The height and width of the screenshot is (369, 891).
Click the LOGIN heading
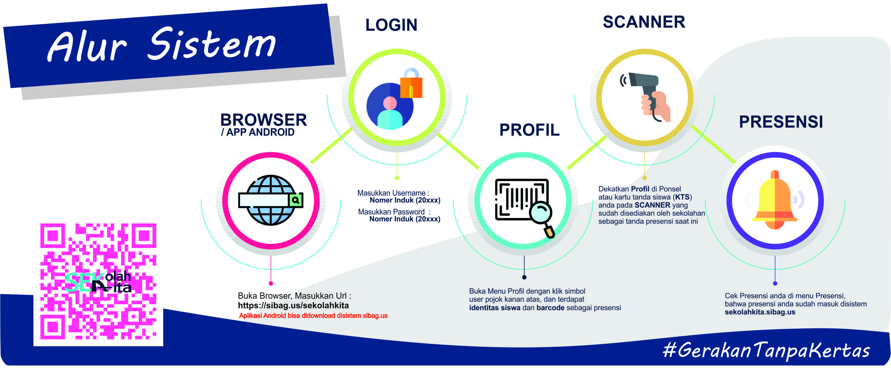coord(391,25)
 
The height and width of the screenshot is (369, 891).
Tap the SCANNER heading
coord(644,22)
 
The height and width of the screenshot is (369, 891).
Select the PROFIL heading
coord(529,130)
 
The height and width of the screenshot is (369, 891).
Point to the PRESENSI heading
coord(781,122)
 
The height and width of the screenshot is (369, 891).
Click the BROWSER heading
coord(263,120)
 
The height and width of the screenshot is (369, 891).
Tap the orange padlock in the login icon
coord(411,85)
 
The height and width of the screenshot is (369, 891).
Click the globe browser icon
coord(271,200)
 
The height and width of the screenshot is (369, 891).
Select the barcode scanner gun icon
coord(649,96)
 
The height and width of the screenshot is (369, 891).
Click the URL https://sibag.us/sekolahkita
coord(293,306)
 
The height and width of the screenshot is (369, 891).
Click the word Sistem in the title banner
coord(212,44)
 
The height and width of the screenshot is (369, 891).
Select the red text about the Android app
coord(313,316)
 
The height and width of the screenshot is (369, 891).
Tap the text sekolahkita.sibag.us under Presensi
coord(760,312)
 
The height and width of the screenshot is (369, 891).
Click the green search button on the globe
coord(295,200)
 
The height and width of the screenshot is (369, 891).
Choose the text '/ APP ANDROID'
coord(258,133)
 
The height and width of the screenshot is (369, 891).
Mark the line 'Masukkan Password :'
coord(394,212)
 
